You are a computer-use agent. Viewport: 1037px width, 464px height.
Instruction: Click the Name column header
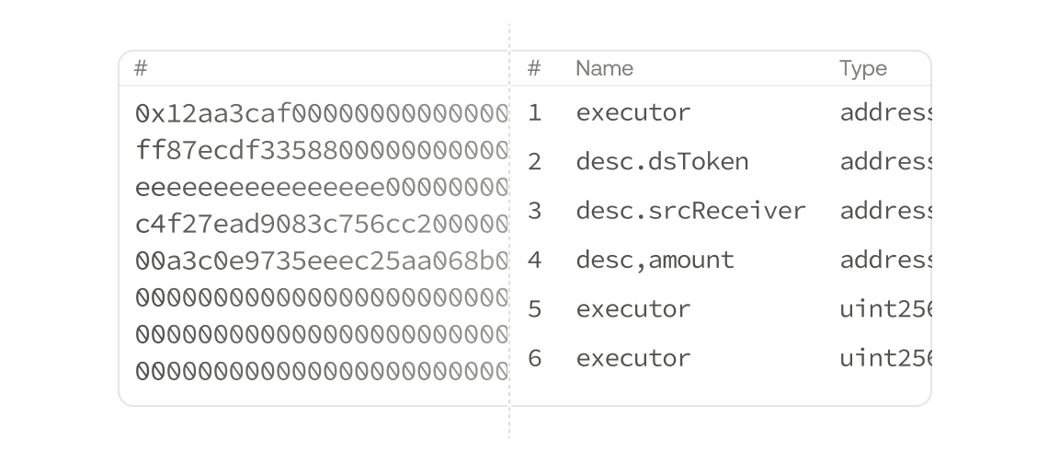[x=604, y=68]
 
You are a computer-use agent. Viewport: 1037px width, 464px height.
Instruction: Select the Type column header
[x=862, y=68]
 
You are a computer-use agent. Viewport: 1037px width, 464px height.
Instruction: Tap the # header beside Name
[x=534, y=68]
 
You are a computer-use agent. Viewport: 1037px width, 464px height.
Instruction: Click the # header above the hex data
[x=141, y=68]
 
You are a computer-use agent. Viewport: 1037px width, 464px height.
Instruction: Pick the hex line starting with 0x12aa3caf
[x=321, y=113]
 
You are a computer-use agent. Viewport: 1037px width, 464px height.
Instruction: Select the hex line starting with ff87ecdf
[x=321, y=150]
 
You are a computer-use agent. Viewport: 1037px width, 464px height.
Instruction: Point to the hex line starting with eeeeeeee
[x=321, y=188]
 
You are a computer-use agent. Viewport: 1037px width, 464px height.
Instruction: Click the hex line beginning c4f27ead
[x=321, y=224]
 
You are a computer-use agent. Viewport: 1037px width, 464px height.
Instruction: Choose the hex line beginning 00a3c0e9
[x=321, y=261]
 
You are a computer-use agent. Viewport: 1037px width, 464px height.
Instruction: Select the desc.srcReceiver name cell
[x=690, y=211]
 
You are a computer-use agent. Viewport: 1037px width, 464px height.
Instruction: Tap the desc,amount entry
[x=655, y=261]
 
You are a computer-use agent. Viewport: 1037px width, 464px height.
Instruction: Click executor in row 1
[x=632, y=113]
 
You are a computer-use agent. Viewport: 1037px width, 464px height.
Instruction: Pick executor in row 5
[x=632, y=308]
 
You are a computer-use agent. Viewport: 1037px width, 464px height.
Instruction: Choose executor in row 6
[x=632, y=357]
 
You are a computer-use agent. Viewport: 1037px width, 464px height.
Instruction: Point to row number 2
[x=535, y=162]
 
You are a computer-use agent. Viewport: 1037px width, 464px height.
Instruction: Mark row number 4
[x=535, y=261]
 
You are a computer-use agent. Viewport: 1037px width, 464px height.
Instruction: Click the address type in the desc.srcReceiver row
[x=884, y=211]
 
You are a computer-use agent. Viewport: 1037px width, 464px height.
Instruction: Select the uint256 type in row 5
[x=884, y=308]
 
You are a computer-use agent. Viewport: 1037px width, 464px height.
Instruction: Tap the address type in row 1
[x=884, y=113]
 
